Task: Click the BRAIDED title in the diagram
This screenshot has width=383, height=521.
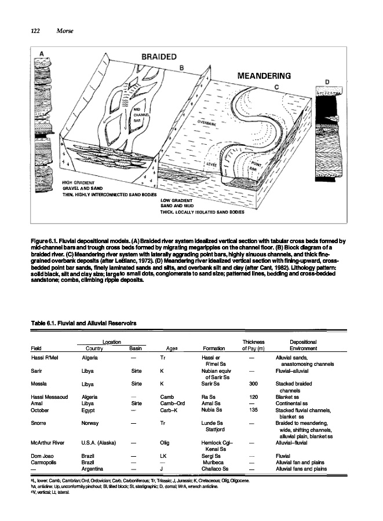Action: (158, 57)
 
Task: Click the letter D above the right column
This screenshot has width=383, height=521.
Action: (327, 82)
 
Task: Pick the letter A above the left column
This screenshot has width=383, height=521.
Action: (41, 54)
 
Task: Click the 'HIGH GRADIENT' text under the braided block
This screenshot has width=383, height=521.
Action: (77, 182)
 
